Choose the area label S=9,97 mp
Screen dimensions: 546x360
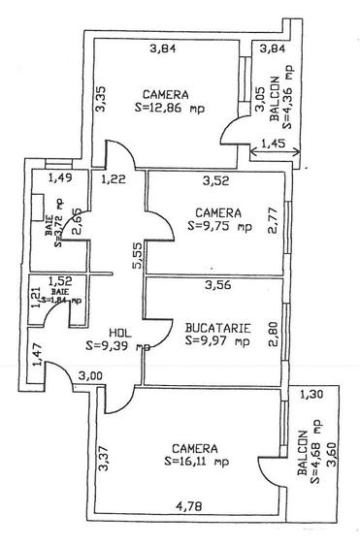pyautogui.click(x=215, y=340)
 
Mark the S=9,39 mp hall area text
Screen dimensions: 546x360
pyautogui.click(x=116, y=344)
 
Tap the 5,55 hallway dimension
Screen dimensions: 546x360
pyautogui.click(x=136, y=256)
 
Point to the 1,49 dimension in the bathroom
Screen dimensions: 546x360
pyautogui.click(x=60, y=178)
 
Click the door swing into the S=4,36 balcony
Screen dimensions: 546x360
pyautogui.click(x=231, y=134)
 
